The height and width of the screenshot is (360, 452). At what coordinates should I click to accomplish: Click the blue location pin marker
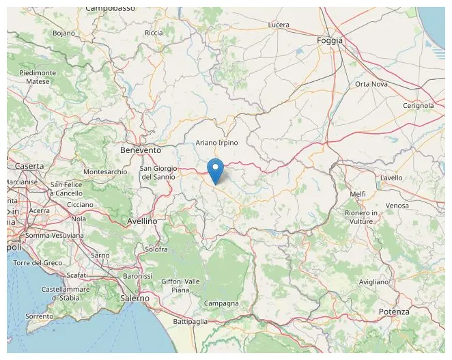[215, 170]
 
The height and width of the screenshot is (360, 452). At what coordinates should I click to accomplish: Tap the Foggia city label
[330, 41]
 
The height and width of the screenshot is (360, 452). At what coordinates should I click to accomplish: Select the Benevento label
[140, 150]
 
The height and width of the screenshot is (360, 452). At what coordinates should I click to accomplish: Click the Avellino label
[142, 221]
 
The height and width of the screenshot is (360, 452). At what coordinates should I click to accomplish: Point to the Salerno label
[134, 299]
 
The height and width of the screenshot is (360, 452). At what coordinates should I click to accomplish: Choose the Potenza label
[394, 312]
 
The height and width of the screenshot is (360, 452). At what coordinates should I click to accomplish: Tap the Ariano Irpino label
[216, 143]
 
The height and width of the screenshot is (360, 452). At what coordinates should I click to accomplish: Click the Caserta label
[29, 166]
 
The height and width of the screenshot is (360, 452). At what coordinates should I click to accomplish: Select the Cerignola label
[418, 106]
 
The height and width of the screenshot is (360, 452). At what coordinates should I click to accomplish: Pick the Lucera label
[279, 25]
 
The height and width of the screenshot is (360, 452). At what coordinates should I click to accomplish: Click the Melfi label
[357, 195]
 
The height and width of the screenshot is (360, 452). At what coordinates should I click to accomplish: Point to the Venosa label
[397, 206]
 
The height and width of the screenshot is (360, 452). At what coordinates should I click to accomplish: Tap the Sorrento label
[40, 316]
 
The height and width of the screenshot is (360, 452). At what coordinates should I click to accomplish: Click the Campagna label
[221, 303]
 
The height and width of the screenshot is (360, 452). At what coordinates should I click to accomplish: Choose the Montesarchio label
[104, 171]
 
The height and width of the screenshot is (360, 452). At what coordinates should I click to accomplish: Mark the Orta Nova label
[371, 84]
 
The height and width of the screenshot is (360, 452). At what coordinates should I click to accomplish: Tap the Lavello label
[391, 178]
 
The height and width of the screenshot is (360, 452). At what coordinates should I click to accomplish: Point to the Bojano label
[63, 33]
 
